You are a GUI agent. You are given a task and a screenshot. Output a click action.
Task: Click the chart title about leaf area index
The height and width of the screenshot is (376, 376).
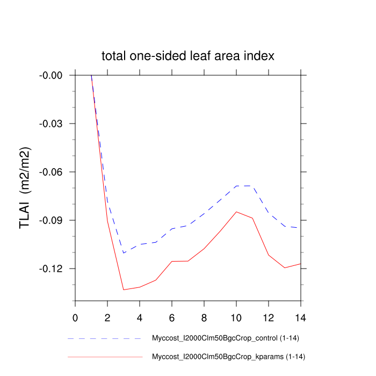pos(188,56)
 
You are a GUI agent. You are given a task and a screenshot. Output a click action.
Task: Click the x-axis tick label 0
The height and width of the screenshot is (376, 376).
pos(75,311)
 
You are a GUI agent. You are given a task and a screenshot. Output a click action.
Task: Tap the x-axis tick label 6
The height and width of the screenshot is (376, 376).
pos(172,311)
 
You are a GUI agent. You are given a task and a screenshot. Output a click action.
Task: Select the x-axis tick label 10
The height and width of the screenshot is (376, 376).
pos(236,311)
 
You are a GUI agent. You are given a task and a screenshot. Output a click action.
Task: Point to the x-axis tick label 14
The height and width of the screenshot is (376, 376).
pos(301,311)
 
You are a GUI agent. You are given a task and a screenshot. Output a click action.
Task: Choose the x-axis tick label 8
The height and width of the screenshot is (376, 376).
pos(204,311)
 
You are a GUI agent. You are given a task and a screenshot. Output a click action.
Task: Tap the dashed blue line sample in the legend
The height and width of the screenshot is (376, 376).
pos(105,339)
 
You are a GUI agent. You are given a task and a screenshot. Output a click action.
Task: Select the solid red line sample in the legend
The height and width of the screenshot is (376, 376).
pos(105,357)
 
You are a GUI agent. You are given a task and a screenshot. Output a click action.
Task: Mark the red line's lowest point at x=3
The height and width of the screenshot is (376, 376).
pos(124,290)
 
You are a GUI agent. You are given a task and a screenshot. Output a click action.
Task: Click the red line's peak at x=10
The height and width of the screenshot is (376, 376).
pos(236,212)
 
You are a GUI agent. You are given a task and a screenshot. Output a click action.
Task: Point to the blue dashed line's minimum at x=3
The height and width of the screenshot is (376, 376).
pos(124,252)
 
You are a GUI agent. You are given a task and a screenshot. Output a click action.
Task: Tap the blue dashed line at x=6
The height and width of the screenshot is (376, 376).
pos(172,229)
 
